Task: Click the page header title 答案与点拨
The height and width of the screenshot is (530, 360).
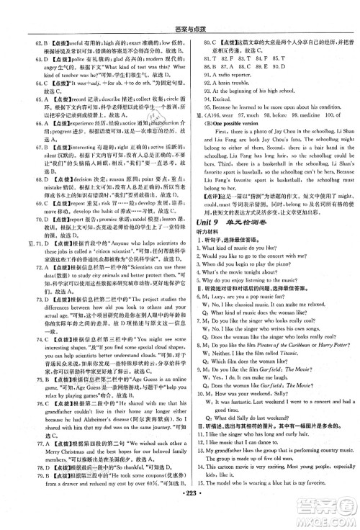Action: (180, 6)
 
